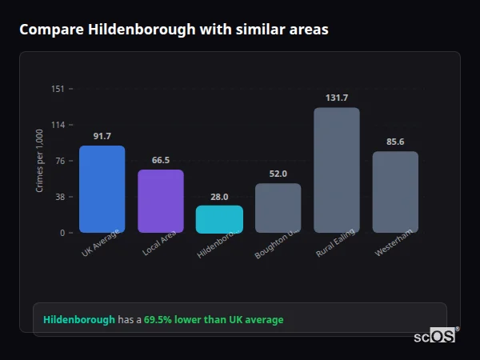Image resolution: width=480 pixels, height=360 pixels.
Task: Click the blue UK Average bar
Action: click(102, 189)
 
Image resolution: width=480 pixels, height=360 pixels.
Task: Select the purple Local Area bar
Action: click(161, 201)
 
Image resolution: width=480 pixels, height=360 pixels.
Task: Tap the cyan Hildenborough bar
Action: click(219, 219)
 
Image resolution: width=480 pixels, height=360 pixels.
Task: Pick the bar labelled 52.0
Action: click(278, 208)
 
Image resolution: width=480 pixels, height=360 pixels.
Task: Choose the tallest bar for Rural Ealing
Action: click(337, 170)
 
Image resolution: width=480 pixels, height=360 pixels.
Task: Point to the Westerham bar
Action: click(395, 192)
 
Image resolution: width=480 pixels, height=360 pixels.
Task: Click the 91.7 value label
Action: click(102, 136)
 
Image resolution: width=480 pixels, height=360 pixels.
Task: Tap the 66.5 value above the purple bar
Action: click(161, 160)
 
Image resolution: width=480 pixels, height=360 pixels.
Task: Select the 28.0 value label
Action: click(219, 197)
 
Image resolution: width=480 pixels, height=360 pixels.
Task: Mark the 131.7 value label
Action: click(337, 98)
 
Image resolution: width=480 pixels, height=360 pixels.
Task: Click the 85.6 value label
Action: click(395, 142)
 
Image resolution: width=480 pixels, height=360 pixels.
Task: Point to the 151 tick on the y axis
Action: click(58, 89)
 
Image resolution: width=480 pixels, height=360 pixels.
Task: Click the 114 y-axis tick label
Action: click(58, 125)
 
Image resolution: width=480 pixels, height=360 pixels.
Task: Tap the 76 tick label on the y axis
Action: click(60, 161)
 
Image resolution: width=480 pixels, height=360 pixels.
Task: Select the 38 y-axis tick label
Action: click(60, 197)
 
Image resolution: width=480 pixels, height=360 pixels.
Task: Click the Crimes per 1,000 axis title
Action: click(40, 161)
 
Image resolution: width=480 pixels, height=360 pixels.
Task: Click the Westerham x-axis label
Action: click(394, 242)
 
